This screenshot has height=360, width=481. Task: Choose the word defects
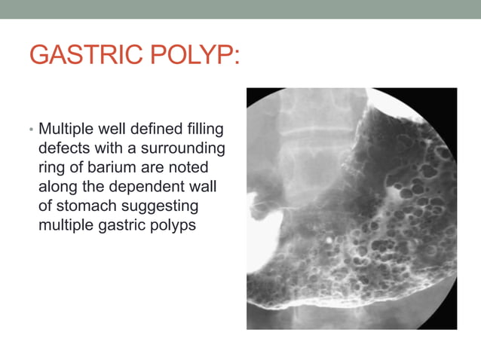pos(63,146)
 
